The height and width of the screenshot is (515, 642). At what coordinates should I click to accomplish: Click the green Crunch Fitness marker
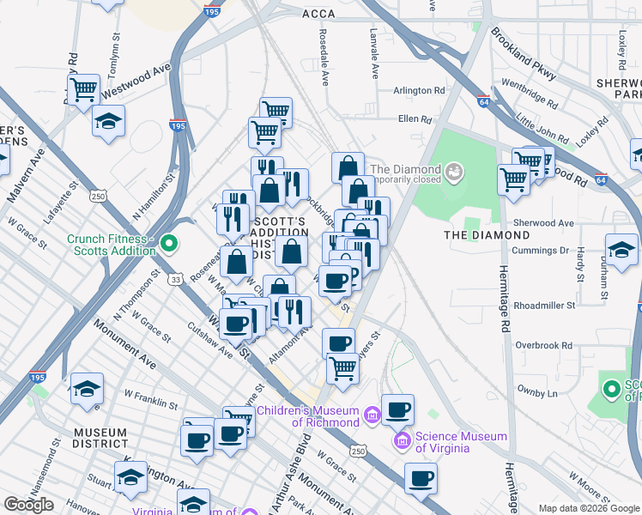(x=169, y=244)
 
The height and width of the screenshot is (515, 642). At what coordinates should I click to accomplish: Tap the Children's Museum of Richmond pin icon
(x=371, y=415)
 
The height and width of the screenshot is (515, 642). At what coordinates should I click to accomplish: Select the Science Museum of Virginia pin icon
(x=401, y=442)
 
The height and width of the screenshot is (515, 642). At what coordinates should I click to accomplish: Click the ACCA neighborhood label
(x=318, y=14)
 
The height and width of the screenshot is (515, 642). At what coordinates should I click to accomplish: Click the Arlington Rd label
(x=419, y=90)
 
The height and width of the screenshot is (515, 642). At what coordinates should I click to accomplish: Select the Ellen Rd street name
(x=412, y=119)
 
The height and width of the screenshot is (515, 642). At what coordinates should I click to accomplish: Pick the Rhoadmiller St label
(x=548, y=306)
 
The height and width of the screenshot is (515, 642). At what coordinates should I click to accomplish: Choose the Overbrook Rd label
(x=544, y=345)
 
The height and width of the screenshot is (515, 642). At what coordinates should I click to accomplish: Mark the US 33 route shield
(x=175, y=279)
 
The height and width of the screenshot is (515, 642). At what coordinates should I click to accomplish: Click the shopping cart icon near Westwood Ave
(x=83, y=88)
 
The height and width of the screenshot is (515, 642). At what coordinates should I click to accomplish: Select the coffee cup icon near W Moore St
(x=421, y=479)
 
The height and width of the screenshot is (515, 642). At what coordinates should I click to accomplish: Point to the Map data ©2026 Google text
(x=589, y=508)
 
